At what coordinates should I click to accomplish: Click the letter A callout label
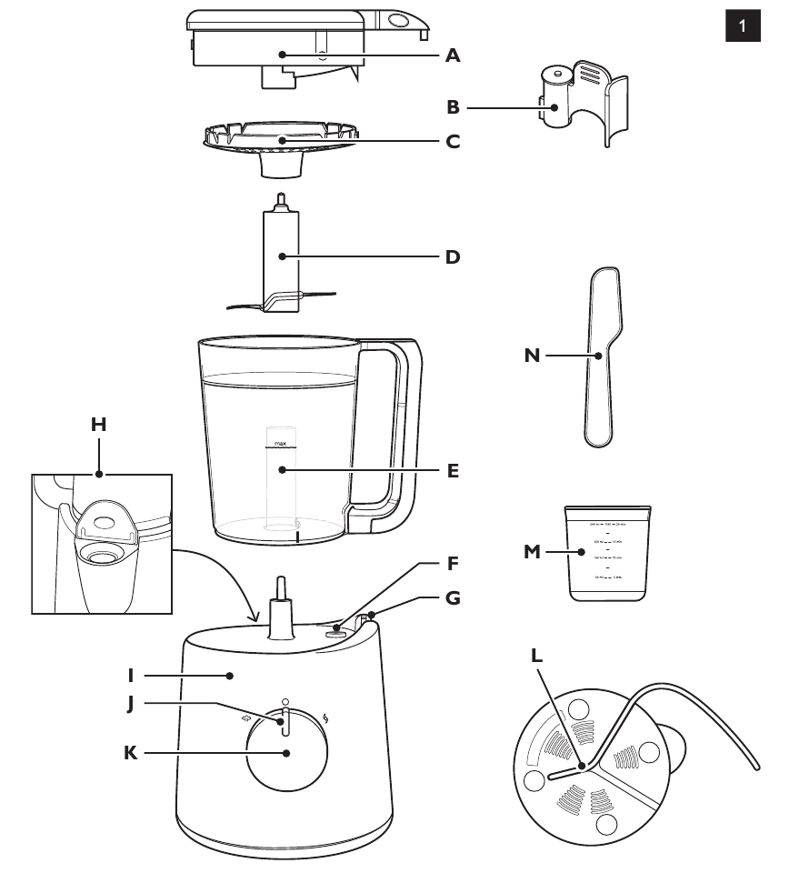tap(453, 55)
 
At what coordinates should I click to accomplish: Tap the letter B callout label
tap(453, 107)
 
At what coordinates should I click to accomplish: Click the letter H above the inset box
tap(99, 424)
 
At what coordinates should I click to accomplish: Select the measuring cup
tap(607, 555)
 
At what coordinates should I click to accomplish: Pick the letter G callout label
tap(453, 598)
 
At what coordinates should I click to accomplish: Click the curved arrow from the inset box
tap(218, 573)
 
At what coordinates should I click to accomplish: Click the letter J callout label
tap(133, 703)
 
